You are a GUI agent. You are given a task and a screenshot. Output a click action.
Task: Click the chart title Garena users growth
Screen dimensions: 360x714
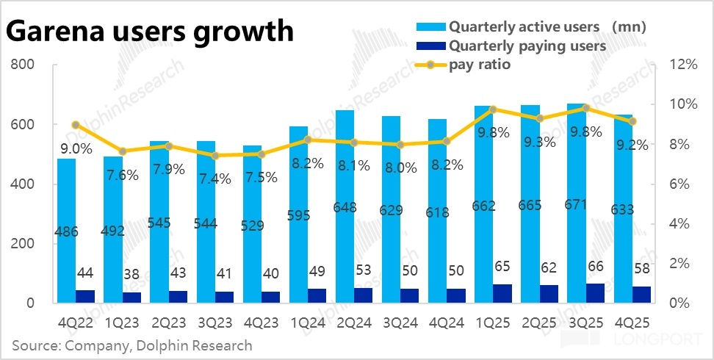click(151, 32)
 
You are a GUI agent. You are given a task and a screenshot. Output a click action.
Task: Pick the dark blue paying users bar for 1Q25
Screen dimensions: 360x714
click(502, 293)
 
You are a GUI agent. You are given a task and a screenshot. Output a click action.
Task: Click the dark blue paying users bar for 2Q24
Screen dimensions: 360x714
click(363, 295)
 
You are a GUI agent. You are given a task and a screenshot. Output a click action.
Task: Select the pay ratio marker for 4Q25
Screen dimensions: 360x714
click(632, 121)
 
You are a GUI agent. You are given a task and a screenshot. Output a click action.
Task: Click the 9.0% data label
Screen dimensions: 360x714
click(76, 149)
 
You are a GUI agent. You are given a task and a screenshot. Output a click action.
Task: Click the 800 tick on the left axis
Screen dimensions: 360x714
click(23, 65)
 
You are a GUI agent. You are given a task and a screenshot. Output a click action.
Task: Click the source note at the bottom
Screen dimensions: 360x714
click(132, 345)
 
